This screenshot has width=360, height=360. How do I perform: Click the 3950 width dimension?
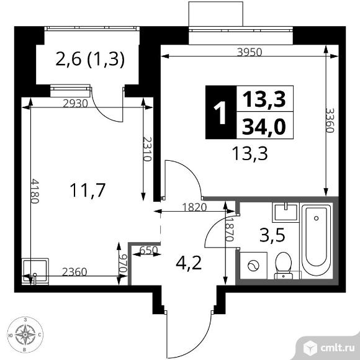click(x=250, y=53)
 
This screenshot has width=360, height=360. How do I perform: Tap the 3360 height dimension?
click(x=330, y=120)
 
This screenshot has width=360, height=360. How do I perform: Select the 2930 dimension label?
click(x=76, y=104)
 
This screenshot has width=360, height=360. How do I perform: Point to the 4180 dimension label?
click(x=35, y=191)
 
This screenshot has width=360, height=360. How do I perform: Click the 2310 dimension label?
click(x=147, y=149)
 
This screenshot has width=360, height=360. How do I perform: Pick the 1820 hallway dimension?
click(x=194, y=207)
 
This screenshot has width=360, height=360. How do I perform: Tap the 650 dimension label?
click(x=149, y=250)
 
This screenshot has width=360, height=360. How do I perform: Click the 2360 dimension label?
click(x=74, y=272)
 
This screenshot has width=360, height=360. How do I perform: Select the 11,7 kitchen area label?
click(x=88, y=190)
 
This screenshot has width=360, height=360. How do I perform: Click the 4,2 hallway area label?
click(x=189, y=263)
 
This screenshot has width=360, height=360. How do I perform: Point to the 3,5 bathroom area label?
click(x=272, y=235)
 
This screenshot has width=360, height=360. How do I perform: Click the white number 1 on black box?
click(x=220, y=112)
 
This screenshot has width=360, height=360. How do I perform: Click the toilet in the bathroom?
click(x=284, y=266)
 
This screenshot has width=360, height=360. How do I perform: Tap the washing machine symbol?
click(x=253, y=266)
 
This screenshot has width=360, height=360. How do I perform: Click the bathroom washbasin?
click(x=286, y=212)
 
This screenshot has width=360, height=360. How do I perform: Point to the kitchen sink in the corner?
click(x=35, y=271)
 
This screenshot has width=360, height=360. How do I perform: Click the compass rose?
click(x=25, y=335)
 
